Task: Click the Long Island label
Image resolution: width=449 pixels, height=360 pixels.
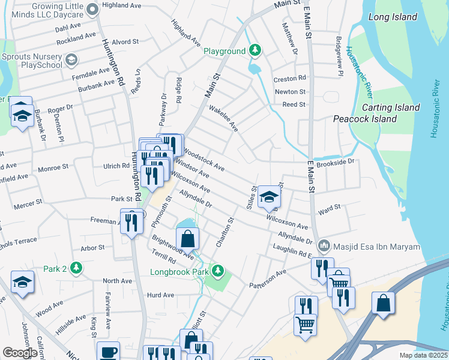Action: [x=393, y=17]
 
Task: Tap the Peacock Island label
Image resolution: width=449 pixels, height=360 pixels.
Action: [x=365, y=119]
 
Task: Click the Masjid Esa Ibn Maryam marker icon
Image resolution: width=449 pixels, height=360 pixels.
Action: [x=324, y=245]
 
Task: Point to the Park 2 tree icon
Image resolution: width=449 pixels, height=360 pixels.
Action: [x=76, y=267]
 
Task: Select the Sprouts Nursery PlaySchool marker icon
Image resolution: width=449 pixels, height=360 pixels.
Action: [x=71, y=59]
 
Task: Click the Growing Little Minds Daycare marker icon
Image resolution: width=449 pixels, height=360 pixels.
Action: [x=92, y=9]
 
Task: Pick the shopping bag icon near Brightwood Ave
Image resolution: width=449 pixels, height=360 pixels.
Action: [x=188, y=238]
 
